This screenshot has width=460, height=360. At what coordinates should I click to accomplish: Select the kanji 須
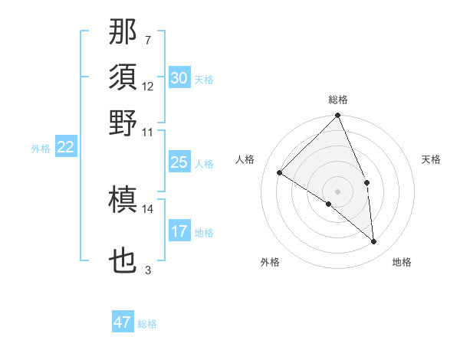coord(123,78)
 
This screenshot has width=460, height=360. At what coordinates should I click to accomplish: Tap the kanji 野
coord(123,123)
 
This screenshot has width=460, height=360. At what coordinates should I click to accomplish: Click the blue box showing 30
coord(179,78)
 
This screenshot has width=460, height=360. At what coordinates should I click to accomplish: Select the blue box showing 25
coord(179,162)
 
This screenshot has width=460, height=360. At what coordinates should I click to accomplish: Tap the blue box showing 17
coord(179,231)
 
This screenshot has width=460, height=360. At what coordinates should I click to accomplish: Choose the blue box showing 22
coord(66,148)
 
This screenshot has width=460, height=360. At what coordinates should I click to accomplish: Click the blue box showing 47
coord(123,322)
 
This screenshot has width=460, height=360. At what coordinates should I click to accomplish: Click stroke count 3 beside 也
coord(147,270)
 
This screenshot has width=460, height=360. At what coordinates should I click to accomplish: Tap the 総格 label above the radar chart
coord(338,100)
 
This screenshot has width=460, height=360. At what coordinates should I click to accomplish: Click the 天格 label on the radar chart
coord(431,159)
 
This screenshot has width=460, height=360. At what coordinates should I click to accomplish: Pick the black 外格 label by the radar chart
coord(269,262)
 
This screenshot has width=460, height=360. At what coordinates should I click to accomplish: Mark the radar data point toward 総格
coord(338,116)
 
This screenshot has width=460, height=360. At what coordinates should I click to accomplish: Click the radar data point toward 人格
coord(280,173)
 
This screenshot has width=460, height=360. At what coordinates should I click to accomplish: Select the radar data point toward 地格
coord(374,241)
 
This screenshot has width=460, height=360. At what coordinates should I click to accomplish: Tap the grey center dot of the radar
coord(338,191)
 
